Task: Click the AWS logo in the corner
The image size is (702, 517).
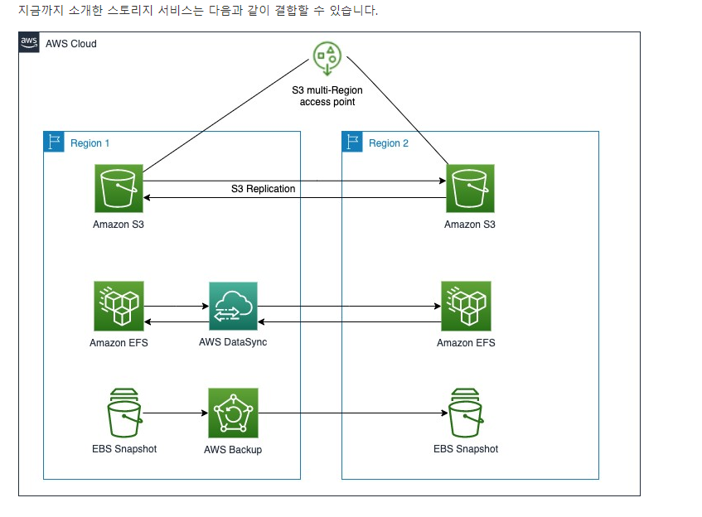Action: click(29, 42)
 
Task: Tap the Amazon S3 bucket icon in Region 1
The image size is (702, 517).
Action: click(119, 188)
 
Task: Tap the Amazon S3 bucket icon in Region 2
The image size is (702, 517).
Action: click(470, 188)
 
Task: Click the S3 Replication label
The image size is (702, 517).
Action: click(263, 189)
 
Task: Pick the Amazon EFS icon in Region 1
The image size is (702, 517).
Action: click(119, 305)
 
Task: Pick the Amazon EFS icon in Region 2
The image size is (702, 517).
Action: click(466, 305)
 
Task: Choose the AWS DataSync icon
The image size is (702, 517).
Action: click(233, 306)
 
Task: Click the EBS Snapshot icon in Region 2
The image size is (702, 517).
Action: click(466, 412)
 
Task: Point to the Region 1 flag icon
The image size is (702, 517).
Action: click(54, 142)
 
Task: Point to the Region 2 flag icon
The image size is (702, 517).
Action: click(352, 142)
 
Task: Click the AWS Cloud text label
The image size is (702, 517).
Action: click(70, 43)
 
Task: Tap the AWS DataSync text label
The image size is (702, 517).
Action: click(233, 342)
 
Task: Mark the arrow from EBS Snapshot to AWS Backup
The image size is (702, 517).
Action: click(174, 412)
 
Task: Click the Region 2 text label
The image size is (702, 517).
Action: click(389, 143)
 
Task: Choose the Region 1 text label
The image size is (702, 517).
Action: click(90, 143)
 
